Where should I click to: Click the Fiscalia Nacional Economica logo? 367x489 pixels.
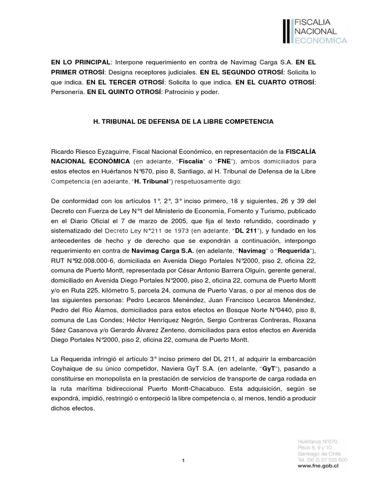click(x=315, y=32)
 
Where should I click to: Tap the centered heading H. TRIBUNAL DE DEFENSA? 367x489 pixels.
click(x=183, y=122)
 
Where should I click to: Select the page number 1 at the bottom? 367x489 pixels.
click(x=183, y=460)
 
